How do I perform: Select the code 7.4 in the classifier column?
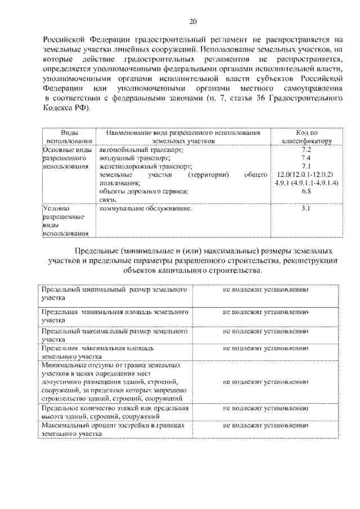tap(306, 158)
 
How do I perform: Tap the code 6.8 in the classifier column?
tap(306, 191)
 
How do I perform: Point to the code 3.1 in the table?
tap(306, 209)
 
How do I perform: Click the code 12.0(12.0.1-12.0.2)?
tap(306, 175)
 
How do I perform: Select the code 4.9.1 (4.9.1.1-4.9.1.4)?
tap(306, 183)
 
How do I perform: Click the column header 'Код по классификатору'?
tap(306, 137)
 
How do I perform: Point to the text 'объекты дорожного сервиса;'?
tap(144, 191)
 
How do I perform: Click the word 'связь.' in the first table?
tap(109, 200)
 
